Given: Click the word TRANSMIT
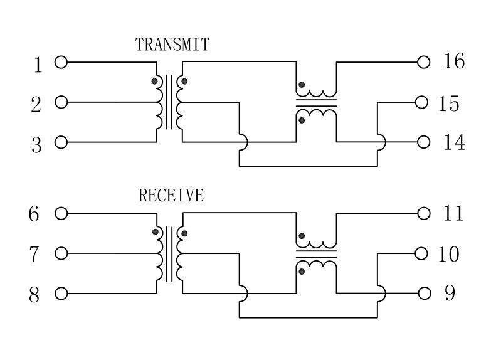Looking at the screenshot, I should coord(172,45).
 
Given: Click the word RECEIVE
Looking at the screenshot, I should coord(171,195).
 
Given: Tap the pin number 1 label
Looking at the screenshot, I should coord(38,65).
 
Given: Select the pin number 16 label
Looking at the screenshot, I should coord(453,61).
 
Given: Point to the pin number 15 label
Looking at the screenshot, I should coord(449,103).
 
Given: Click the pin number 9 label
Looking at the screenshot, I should coord(450,293).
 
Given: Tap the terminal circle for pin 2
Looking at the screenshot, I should coord(61,102).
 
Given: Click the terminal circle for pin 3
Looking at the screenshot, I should coord(61,142).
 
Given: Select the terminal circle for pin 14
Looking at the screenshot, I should coord(423,142).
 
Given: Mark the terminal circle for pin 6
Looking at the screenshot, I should coord(61,213).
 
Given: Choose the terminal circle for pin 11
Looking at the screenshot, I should coord(423,213).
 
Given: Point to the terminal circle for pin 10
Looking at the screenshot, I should coord(421,253).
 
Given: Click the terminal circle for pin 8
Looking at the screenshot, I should coord(61,294).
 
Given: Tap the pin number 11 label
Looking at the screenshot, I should coord(453,213).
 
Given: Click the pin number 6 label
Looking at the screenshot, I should coord(34,214).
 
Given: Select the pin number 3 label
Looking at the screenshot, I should coord(36,145).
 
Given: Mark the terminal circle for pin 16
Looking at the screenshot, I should coord(423,62).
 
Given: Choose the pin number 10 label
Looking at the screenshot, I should coord(449,255).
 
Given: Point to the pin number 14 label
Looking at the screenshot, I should coord(453,143).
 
